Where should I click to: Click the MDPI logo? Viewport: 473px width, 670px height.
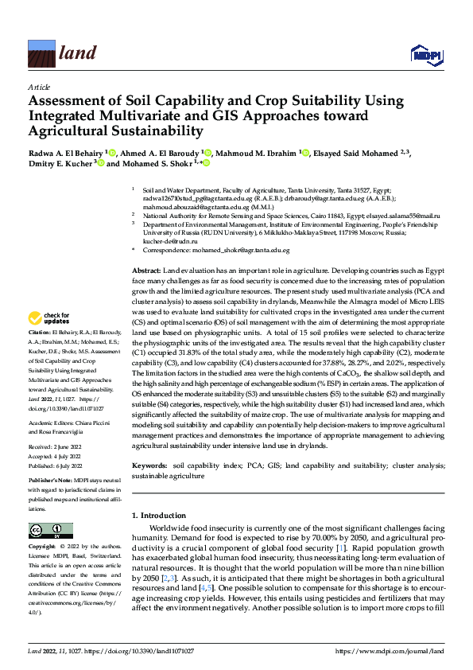[x=425, y=54]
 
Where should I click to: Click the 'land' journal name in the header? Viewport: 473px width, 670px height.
[x=79, y=54]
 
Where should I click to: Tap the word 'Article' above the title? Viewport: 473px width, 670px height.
[x=38, y=86]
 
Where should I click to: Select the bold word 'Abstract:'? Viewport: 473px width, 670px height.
[x=147, y=271]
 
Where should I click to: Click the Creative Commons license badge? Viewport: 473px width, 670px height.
[x=51, y=531]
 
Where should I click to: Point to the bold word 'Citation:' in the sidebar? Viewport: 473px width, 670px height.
[x=40, y=354]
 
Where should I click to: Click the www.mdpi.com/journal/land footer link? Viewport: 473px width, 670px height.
[x=390, y=652]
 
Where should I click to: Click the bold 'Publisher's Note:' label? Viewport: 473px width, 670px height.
[x=50, y=482]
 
